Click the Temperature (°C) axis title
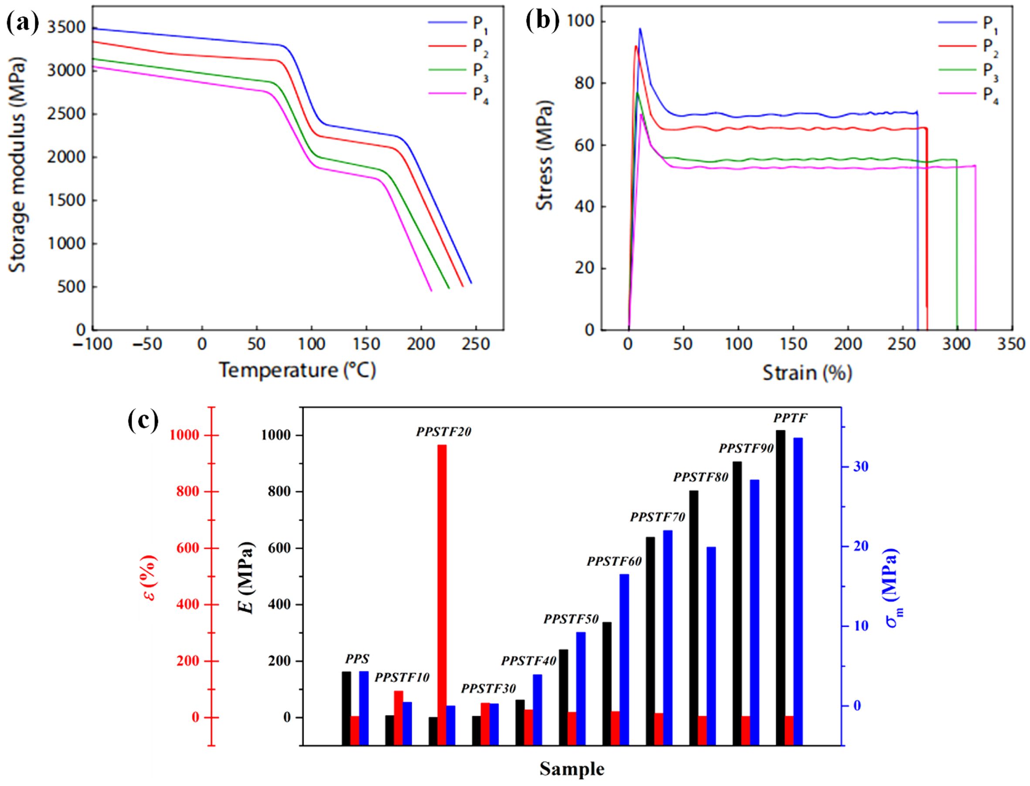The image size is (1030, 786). (x=298, y=371)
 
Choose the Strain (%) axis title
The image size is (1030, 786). (x=807, y=373)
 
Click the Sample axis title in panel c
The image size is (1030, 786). (x=572, y=769)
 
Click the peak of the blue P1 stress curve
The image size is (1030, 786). (x=640, y=28)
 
